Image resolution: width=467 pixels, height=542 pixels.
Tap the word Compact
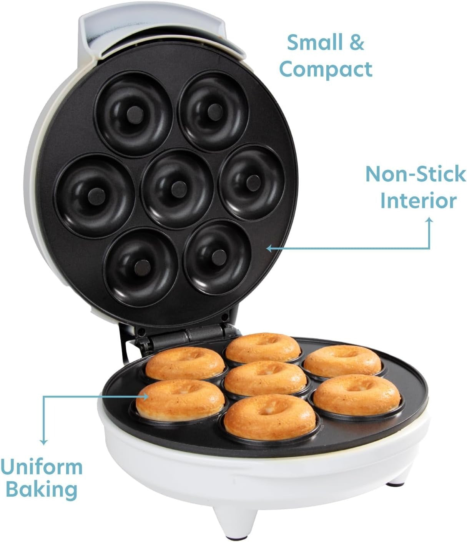325,70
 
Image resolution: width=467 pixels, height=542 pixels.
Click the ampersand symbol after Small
357,43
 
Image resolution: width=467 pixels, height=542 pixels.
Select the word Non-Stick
415,174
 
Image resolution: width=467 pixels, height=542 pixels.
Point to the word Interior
418,201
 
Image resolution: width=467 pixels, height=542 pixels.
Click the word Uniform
42,467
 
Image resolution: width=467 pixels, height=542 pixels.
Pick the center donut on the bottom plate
265,378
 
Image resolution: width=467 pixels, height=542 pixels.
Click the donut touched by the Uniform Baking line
180,399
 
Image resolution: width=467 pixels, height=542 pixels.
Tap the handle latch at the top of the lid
161,37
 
